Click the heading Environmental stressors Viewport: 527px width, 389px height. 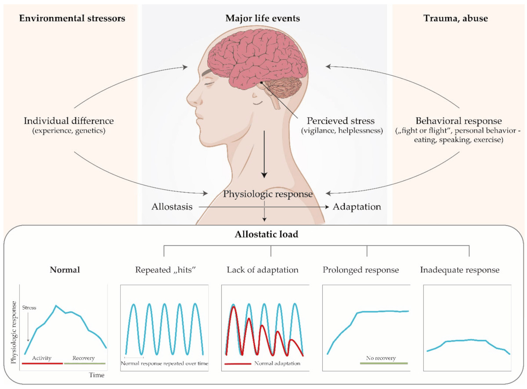point(72,18)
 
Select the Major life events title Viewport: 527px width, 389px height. point(263,18)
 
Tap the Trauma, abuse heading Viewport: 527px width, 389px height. point(455,18)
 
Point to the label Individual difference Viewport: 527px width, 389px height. point(69,121)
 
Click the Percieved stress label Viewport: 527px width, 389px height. point(340,121)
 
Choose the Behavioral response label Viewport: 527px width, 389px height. point(458,121)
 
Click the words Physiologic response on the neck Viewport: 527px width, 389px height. point(268,194)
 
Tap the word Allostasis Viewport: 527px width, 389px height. point(172,207)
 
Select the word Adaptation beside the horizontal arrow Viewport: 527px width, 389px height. point(357,207)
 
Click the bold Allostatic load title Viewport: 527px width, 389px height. point(266,234)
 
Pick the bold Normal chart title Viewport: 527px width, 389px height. point(65,270)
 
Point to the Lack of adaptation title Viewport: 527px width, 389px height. point(263,270)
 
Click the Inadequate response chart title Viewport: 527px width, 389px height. point(460,270)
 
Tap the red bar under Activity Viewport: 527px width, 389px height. point(42,364)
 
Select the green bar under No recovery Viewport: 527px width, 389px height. point(384,364)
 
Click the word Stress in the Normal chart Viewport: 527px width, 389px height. point(29,307)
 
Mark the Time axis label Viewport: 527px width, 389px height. point(97,375)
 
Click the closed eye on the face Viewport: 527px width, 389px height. point(209,83)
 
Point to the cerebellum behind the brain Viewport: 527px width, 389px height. point(283,87)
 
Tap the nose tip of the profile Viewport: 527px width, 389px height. point(188,99)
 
